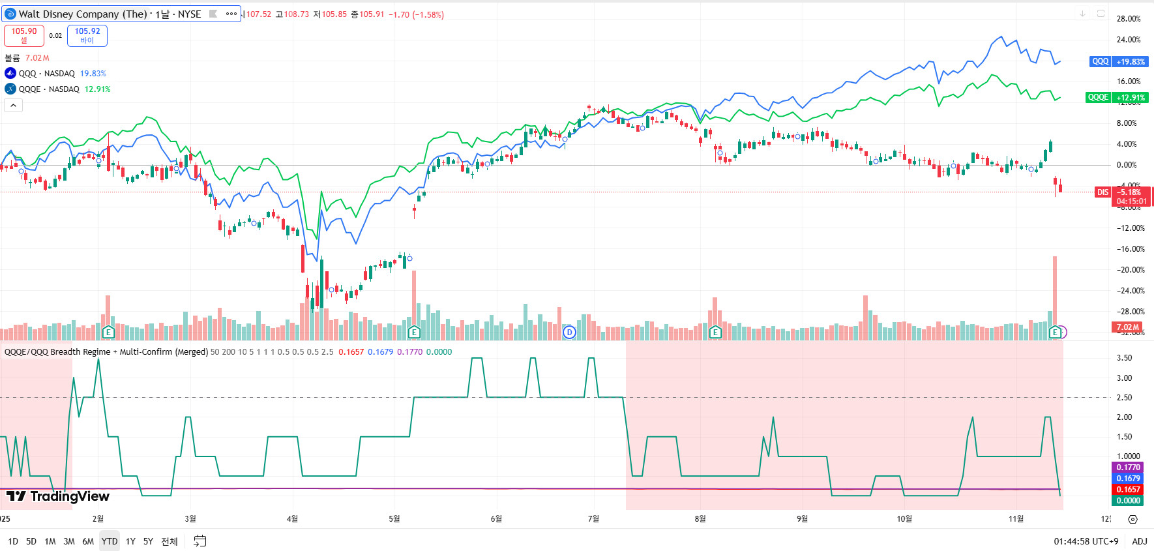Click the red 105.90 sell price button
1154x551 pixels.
24,35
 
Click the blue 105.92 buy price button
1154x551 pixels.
87,35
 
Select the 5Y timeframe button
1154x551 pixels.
148,541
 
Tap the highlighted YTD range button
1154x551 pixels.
110,541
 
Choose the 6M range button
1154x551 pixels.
88,541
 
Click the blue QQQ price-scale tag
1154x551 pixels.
1100,61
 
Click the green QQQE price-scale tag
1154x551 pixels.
1098,97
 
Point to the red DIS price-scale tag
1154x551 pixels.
1102,192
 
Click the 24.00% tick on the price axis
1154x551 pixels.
1129,40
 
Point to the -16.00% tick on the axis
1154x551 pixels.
1131,249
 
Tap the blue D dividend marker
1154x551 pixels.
569,333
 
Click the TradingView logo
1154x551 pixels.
58,496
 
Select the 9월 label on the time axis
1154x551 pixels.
802,519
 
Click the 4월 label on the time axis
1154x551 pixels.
292,519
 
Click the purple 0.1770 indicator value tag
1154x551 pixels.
1128,468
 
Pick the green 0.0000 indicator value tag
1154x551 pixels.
1128,501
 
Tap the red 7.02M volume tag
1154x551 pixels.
1127,327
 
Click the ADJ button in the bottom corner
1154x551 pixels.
1140,541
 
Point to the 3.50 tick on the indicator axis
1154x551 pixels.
1124,358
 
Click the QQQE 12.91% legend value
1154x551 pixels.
98,89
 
